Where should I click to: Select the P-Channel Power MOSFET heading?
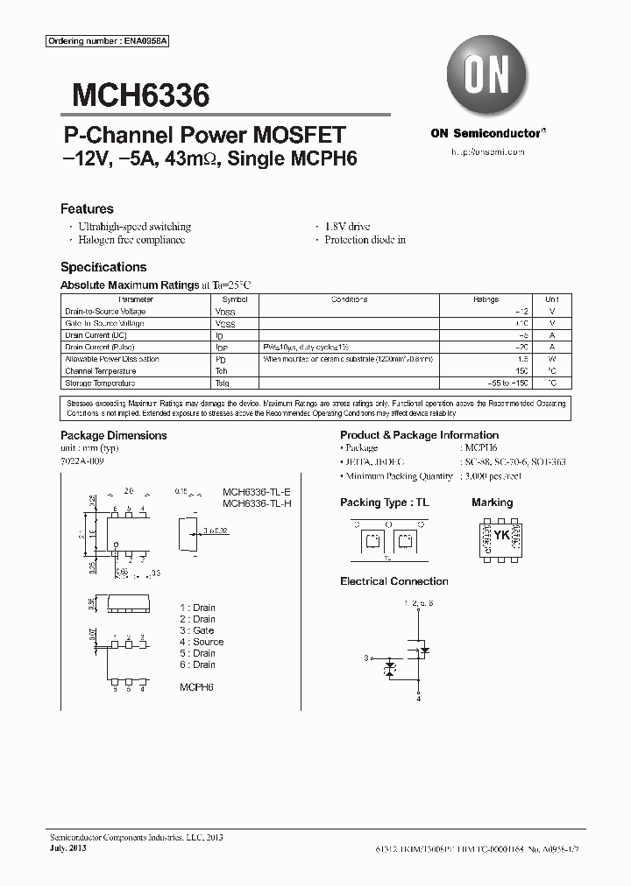click(x=205, y=136)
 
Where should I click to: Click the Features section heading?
click(x=87, y=209)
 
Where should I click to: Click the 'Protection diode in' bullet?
click(x=364, y=240)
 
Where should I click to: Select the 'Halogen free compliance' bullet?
click(x=131, y=240)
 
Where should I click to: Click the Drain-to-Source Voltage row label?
click(x=105, y=312)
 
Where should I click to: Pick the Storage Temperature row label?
click(x=100, y=383)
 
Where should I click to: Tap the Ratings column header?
click(x=486, y=299)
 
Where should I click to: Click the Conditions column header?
click(x=349, y=299)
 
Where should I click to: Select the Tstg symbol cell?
click(x=223, y=383)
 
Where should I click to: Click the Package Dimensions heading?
click(x=113, y=435)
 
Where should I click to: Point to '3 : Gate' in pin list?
click(x=196, y=630)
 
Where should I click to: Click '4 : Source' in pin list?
click(x=201, y=642)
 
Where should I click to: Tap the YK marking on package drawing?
click(x=501, y=534)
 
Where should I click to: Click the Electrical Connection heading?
click(x=393, y=581)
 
